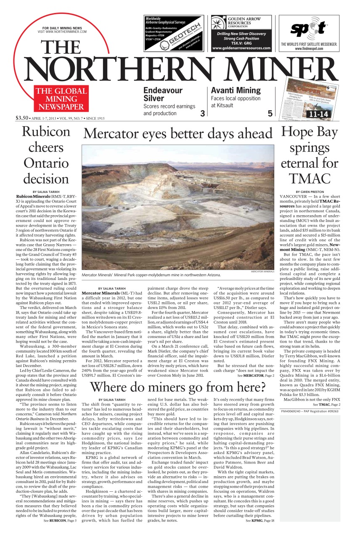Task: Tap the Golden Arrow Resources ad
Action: [x=241, y=33]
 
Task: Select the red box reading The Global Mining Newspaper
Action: [x=61, y=99]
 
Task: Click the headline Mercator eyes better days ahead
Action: [x=178, y=134]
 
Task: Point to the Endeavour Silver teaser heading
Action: [x=163, y=94]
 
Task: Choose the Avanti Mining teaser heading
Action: [x=236, y=90]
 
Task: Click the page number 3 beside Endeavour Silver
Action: [x=202, y=113]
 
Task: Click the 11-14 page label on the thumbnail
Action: [x=318, y=114]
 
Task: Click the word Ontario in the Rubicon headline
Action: [x=46, y=163]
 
